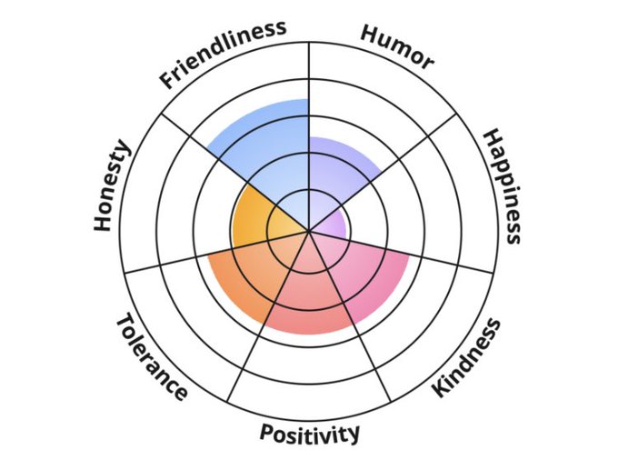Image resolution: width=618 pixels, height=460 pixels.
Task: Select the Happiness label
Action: (501, 186)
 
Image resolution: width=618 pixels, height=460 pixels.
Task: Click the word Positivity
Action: (310, 433)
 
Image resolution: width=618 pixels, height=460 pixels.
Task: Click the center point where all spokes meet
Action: (310, 230)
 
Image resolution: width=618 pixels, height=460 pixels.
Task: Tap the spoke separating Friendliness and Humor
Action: (310, 82)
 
